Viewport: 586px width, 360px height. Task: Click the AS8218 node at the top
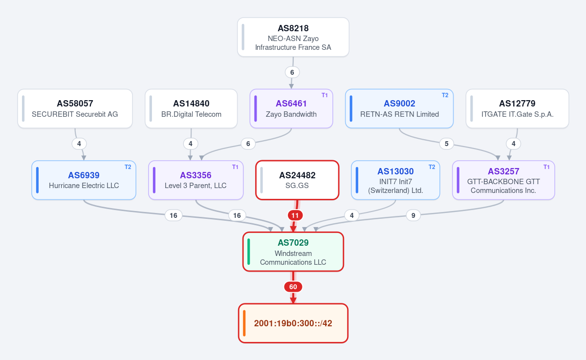(x=293, y=37)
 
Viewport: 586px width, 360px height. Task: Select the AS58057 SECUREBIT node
(x=75, y=108)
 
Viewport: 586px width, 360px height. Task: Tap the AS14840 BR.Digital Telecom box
(x=191, y=108)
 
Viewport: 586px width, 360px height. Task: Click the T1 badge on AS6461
(x=325, y=95)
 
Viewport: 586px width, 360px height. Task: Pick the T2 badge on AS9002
(x=445, y=95)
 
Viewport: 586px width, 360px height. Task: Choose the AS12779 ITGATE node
(x=517, y=108)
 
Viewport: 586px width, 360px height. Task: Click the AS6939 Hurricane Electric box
(x=84, y=180)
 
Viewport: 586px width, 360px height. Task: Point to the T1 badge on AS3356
(x=235, y=167)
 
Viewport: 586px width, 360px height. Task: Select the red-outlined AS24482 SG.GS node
(x=297, y=180)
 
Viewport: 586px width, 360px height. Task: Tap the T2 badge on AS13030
(x=432, y=167)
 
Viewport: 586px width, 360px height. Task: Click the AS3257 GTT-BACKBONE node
(x=503, y=180)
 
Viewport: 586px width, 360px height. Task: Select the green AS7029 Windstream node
(x=293, y=252)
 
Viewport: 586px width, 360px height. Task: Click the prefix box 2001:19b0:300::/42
(x=293, y=323)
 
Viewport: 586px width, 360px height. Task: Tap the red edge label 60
(x=293, y=287)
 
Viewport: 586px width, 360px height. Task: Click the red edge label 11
(x=295, y=215)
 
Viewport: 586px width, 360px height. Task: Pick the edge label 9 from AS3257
(x=413, y=215)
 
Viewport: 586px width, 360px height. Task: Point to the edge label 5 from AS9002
(x=446, y=144)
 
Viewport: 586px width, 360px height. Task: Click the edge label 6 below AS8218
(x=292, y=72)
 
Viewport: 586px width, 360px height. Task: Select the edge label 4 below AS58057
(x=79, y=144)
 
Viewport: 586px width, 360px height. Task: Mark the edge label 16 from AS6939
(x=174, y=215)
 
